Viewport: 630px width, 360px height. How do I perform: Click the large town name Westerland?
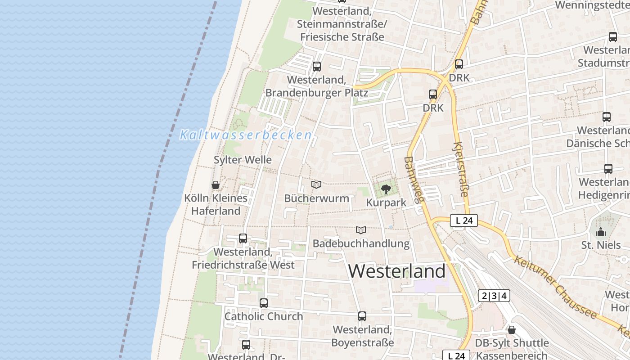pos(396,271)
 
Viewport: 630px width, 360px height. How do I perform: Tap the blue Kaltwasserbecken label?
pos(246,135)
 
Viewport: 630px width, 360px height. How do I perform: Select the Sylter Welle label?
pos(243,160)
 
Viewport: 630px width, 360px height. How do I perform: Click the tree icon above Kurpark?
pos(386,189)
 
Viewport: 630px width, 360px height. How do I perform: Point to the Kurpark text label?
pos(386,202)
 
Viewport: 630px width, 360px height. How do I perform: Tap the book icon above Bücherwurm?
pos(316,184)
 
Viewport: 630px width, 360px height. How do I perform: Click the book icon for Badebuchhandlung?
pos(361,230)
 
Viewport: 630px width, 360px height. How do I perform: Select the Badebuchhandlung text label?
pos(361,243)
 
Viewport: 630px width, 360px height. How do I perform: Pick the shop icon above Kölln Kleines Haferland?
pos(216,185)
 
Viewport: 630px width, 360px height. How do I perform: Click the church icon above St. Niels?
pos(601,232)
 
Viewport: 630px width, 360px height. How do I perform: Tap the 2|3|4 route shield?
pos(494,296)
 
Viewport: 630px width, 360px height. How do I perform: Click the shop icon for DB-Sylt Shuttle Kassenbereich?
pos(512,329)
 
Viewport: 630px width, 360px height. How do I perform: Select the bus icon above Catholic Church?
pos(264,303)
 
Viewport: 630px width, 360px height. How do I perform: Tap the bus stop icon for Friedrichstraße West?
pos(243,238)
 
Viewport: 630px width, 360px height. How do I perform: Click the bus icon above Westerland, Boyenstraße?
pos(362,316)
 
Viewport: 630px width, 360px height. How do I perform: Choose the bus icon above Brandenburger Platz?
pos(317,67)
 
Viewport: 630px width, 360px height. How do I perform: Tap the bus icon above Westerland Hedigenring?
pos(608,169)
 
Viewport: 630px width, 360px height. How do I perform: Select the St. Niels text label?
pos(601,245)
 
